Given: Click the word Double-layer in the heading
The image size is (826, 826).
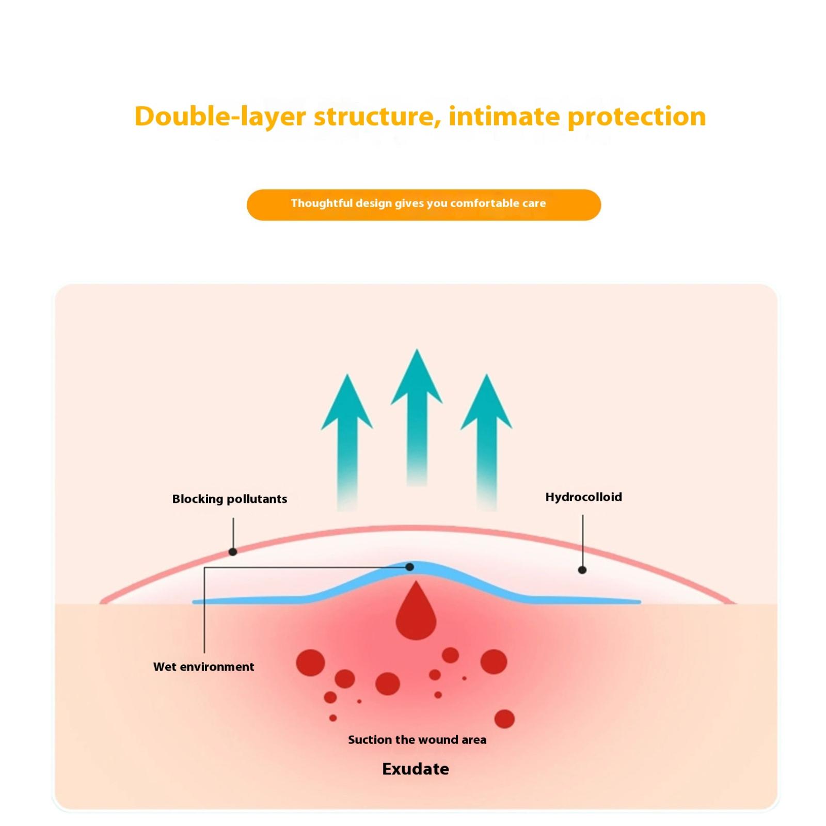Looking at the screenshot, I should (220, 117).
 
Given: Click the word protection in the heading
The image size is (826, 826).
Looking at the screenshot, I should (637, 117).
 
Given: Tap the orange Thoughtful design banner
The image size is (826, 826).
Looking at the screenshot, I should (423, 204).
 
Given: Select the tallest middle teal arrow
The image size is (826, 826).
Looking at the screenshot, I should (417, 413).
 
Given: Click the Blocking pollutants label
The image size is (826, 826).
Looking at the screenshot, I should (229, 499).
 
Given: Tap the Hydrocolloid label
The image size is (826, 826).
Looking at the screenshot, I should (583, 497).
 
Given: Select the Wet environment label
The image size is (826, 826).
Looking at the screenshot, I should (203, 667).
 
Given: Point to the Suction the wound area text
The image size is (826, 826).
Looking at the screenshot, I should (417, 740).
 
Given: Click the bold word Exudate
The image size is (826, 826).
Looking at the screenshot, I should (415, 769).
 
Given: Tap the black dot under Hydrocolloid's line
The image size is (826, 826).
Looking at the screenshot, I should (582, 570).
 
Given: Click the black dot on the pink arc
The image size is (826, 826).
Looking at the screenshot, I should (233, 552).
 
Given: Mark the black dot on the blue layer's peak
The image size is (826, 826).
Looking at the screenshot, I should (410, 567).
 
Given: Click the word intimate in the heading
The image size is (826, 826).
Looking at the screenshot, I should (504, 117).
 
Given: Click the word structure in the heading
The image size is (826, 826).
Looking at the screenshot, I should (374, 117).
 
